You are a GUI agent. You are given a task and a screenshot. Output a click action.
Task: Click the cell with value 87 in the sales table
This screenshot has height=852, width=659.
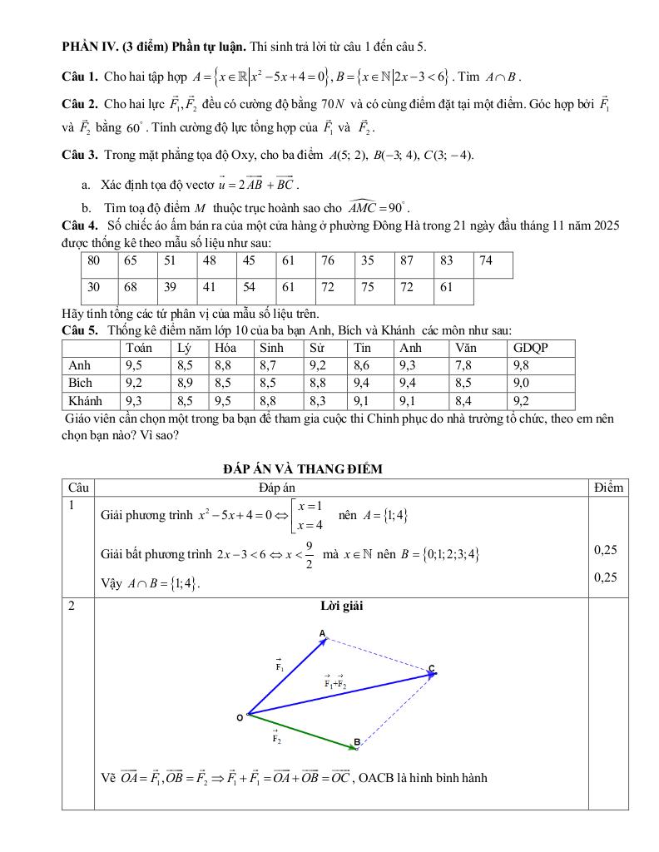click(x=407, y=261)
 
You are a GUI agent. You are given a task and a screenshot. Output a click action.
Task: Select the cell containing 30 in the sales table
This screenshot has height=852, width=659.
click(x=94, y=287)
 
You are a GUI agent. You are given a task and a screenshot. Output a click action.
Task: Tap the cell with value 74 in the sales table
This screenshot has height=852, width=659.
click(x=487, y=261)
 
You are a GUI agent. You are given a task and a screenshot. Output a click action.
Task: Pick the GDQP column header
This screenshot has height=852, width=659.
click(x=531, y=349)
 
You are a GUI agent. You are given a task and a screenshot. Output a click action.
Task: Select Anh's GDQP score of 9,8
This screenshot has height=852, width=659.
click(x=522, y=365)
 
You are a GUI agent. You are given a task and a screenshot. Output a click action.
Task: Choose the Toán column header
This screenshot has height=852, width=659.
click(x=138, y=349)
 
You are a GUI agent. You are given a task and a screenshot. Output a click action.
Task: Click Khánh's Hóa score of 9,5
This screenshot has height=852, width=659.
click(x=222, y=400)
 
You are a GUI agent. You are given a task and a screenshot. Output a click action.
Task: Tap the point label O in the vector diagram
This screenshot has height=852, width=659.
click(x=240, y=717)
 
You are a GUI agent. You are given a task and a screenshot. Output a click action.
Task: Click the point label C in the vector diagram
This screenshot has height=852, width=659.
click(x=432, y=668)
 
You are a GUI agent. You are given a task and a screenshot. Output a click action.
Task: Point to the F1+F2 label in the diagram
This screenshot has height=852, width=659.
click(x=336, y=683)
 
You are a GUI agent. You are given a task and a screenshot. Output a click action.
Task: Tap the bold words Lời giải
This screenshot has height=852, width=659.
click(x=341, y=607)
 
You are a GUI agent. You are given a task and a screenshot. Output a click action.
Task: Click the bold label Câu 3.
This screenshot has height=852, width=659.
click(x=81, y=156)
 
